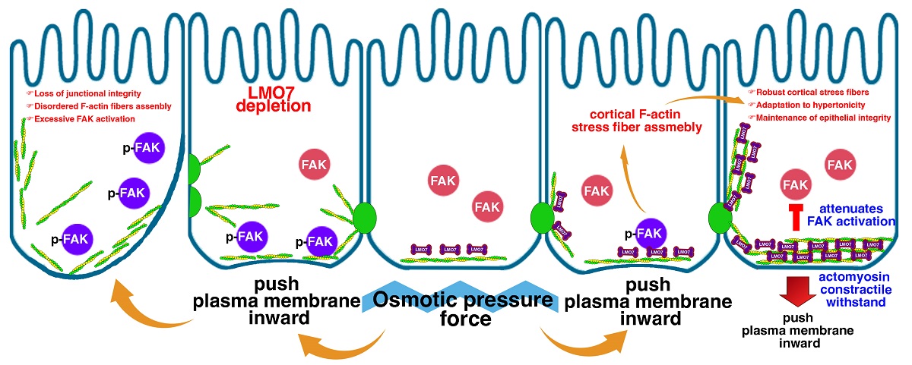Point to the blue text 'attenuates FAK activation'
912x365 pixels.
click(860, 216)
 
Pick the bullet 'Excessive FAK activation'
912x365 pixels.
click(74, 120)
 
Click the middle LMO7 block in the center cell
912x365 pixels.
click(449, 249)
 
